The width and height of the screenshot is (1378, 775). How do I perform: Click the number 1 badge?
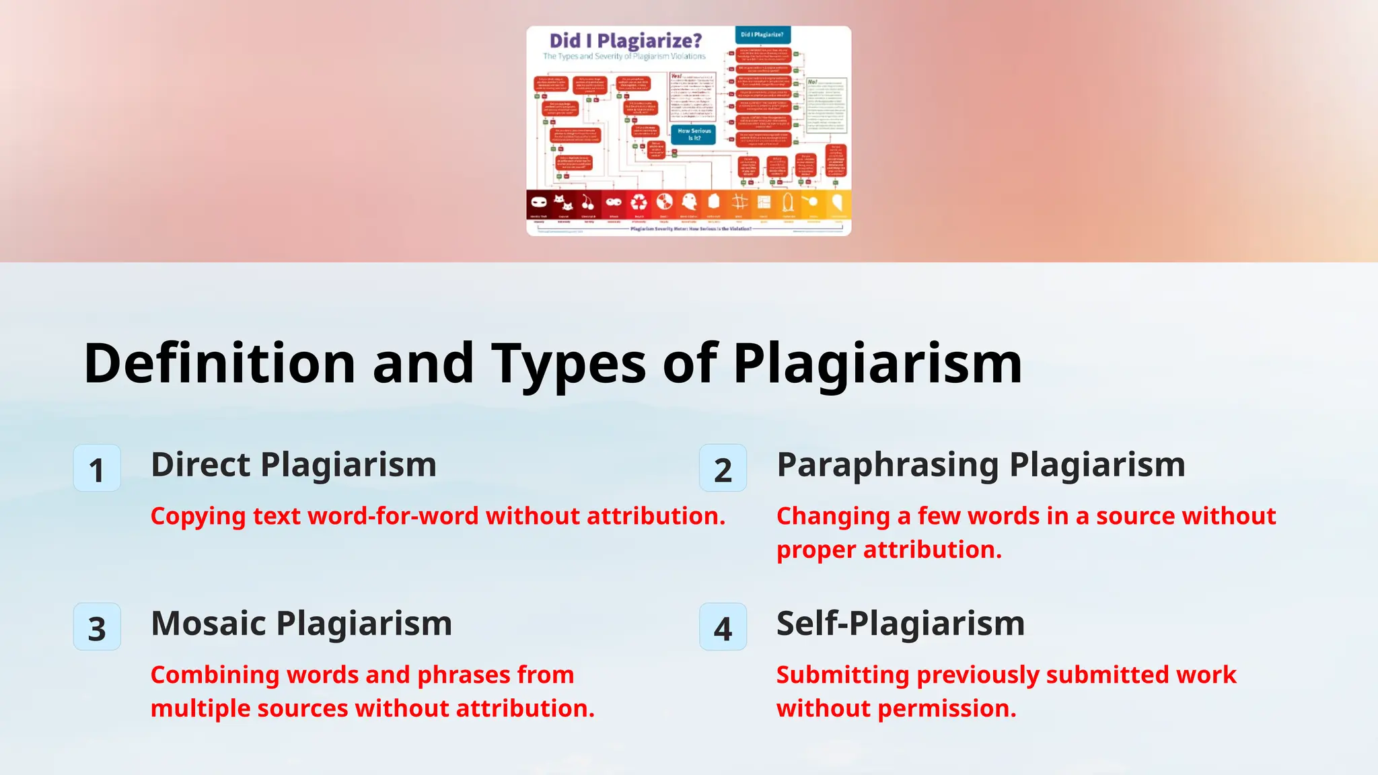click(97, 468)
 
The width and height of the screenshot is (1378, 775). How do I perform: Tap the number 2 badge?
click(723, 468)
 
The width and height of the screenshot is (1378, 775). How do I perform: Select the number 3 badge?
click(97, 627)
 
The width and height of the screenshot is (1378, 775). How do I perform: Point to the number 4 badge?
click(723, 627)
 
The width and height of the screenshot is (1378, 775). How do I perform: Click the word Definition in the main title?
click(219, 363)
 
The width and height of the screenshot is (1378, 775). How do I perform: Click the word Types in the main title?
click(569, 363)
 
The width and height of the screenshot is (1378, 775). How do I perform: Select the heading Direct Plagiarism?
click(293, 465)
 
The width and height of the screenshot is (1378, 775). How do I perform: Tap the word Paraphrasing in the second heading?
click(887, 465)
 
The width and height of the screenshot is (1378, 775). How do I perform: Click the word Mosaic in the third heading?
click(209, 624)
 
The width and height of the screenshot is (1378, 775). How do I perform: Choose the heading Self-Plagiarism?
click(900, 624)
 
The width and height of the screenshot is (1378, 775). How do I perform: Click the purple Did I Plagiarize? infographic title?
click(625, 41)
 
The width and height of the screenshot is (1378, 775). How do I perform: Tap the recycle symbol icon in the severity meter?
click(639, 202)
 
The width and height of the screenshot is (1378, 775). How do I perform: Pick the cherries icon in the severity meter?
click(587, 202)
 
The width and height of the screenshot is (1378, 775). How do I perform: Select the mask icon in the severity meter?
click(538, 202)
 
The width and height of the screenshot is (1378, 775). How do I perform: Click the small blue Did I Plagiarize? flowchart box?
click(762, 34)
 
